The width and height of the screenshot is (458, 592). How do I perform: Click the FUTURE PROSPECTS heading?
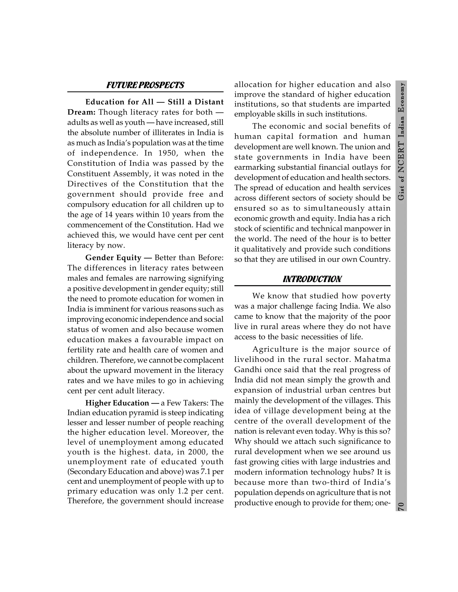[x=145, y=85]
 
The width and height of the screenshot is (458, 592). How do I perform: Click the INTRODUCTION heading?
[x=312, y=279]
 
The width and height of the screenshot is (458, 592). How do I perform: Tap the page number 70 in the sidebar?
[x=401, y=506]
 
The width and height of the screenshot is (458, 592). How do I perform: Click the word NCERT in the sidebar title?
[x=401, y=157]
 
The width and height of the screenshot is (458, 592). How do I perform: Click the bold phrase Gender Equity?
[x=113, y=258]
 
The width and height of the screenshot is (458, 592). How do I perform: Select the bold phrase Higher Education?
[x=117, y=403]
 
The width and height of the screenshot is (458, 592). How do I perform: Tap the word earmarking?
[x=254, y=167]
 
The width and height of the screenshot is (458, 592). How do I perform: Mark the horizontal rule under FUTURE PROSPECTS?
[x=145, y=92]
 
